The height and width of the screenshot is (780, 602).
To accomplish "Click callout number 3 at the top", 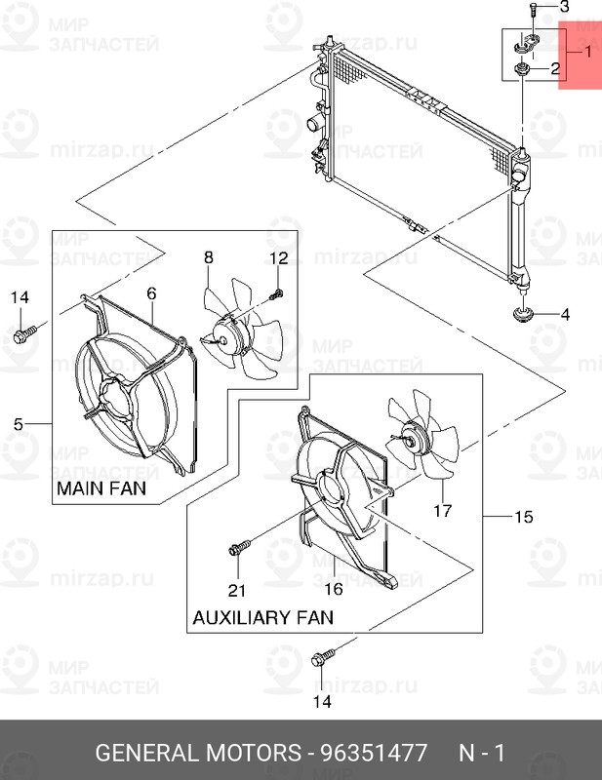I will (x=562, y=8).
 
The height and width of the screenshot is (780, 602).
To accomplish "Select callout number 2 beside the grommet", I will (x=554, y=69).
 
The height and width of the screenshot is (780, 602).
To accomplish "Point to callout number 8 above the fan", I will (x=208, y=257).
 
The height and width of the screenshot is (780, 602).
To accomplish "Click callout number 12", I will (x=279, y=258).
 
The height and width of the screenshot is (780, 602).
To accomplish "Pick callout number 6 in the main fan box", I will (x=152, y=292).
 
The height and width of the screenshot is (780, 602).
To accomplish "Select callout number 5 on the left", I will (x=19, y=423).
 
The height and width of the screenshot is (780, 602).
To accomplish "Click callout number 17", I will (x=443, y=510).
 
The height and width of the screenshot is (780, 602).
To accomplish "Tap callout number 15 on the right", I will (x=524, y=517).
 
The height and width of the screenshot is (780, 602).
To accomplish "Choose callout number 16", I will (x=334, y=589).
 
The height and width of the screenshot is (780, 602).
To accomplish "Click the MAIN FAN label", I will (x=101, y=487).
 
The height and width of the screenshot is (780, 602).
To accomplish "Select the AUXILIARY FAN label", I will (x=262, y=617).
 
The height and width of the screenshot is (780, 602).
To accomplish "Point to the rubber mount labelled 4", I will (x=523, y=315).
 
